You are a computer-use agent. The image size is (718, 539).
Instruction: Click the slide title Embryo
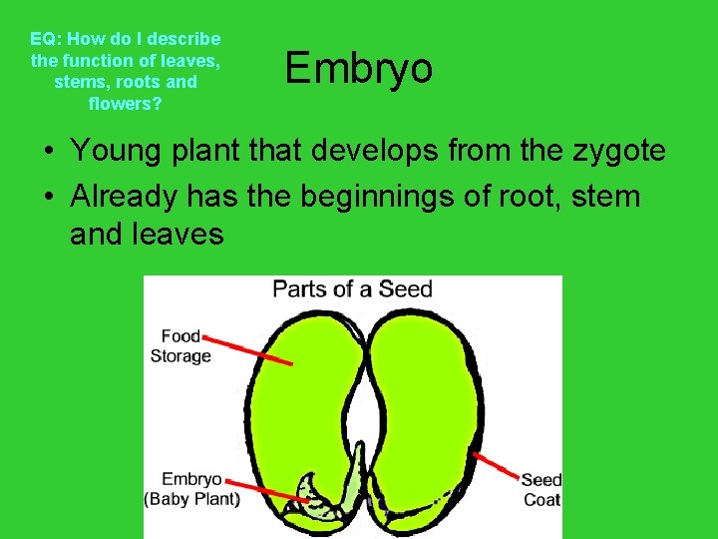click(x=359, y=69)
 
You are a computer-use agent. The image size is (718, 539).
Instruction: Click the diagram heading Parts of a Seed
click(x=352, y=289)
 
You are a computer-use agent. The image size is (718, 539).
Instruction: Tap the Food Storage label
click(x=180, y=346)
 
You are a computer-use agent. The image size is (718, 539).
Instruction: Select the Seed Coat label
click(x=541, y=489)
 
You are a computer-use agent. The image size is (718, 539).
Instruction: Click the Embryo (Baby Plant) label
click(x=192, y=489)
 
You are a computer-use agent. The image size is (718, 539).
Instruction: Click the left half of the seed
click(x=299, y=399)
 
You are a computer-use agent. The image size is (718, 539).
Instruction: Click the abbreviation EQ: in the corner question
click(x=45, y=40)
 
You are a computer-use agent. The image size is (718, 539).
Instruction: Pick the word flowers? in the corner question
click(x=126, y=103)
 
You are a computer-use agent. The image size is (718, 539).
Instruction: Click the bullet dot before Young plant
click(x=49, y=153)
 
